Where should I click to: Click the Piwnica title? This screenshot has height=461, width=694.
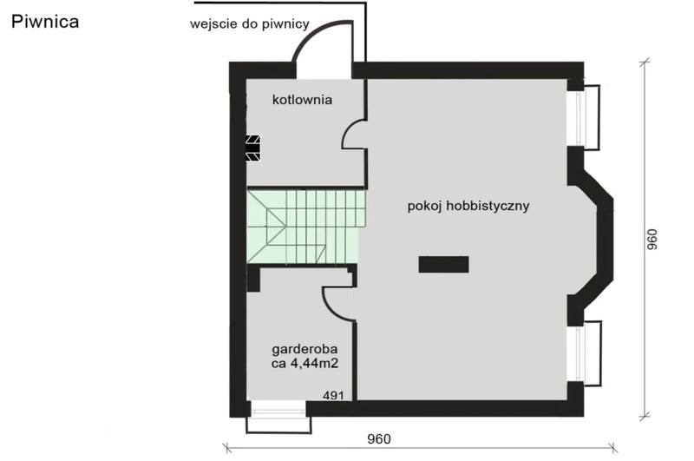[45, 21]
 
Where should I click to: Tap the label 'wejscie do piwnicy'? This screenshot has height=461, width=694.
[250, 24]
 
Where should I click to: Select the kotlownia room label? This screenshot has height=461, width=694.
[302, 100]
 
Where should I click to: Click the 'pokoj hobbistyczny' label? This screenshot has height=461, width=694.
[468, 207]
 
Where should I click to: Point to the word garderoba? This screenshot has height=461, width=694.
[305, 349]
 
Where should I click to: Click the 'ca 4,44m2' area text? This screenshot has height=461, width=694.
[305, 364]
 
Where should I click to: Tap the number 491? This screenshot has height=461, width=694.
[333, 395]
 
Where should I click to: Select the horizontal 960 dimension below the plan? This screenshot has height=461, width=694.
[379, 438]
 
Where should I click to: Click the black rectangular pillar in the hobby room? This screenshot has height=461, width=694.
[443, 264]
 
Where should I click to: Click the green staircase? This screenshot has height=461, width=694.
[306, 227]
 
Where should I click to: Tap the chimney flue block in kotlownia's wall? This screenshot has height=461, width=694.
[253, 148]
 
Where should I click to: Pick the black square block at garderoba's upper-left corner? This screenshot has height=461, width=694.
[253, 278]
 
